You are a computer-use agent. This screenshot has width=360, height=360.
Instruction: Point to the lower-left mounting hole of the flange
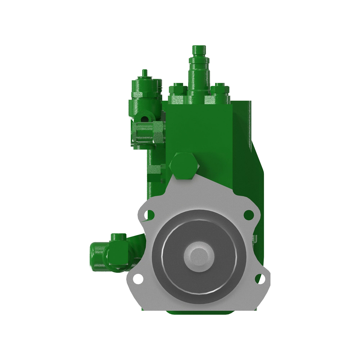point(138,278)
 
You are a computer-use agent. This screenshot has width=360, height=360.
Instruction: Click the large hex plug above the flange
point(184,166)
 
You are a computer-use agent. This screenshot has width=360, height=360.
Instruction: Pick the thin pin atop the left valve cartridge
point(145,73)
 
